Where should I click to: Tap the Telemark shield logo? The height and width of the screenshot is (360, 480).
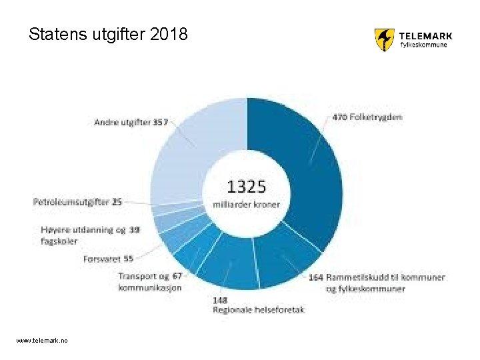(x=384, y=39)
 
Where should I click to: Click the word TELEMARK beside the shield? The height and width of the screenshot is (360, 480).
(x=425, y=36)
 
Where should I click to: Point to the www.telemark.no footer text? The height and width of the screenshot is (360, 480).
(x=42, y=341)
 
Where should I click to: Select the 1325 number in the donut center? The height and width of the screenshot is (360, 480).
(x=247, y=186)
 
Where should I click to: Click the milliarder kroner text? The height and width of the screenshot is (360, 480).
(x=247, y=204)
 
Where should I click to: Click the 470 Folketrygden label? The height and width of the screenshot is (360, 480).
(x=367, y=117)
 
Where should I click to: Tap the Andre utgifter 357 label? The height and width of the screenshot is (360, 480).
(x=131, y=123)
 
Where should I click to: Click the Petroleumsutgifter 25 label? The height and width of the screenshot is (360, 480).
(x=77, y=201)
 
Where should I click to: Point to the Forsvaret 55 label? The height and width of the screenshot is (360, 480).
(x=109, y=259)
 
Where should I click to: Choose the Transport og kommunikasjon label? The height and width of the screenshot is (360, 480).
(x=150, y=281)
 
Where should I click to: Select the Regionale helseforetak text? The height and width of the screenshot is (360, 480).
(x=259, y=310)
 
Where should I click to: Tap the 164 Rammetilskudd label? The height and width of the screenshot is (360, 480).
(x=377, y=277)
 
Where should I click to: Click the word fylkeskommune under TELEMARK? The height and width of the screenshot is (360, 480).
(x=423, y=46)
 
